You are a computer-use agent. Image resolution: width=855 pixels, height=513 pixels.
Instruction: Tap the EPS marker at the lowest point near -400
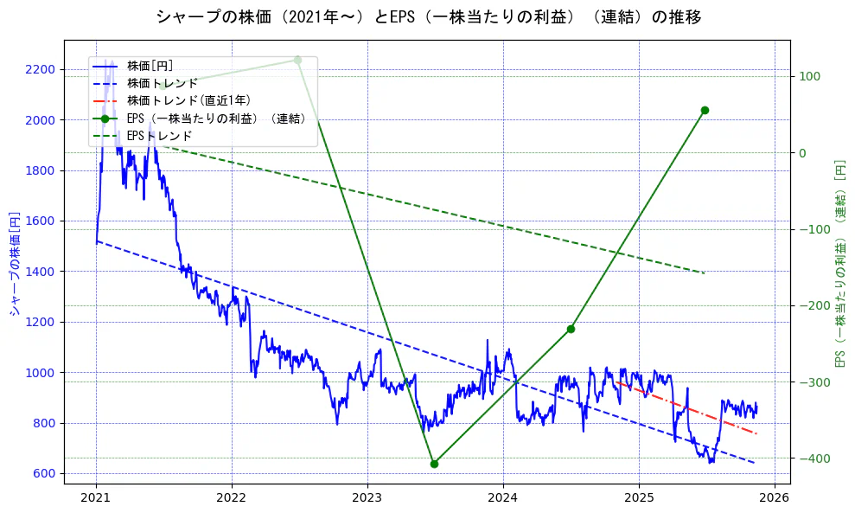(434, 464)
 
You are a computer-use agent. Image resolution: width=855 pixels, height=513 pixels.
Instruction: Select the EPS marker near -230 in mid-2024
(571, 329)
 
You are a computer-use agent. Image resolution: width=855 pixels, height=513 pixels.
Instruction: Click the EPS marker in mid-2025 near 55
(705, 110)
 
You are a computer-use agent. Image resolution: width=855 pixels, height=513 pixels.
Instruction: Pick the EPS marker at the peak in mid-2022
(297, 60)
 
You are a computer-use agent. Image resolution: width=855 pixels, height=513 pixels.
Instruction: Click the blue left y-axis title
(15, 263)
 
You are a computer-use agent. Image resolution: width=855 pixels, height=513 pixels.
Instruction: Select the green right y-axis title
(839, 263)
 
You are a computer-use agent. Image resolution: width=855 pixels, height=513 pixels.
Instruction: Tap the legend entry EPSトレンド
(159, 136)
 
